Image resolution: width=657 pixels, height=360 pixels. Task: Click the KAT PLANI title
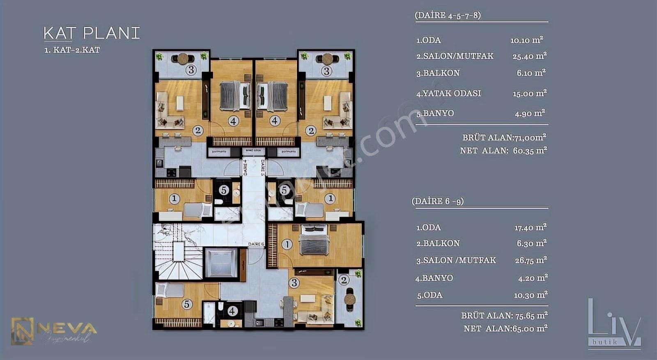click(x=92, y=33)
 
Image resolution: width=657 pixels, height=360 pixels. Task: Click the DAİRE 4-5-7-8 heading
click(x=448, y=16)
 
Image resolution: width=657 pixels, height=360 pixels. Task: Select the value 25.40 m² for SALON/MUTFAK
click(x=529, y=56)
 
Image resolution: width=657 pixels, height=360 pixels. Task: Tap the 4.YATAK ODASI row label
click(x=448, y=93)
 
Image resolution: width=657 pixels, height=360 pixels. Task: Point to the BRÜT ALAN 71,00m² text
click(x=504, y=138)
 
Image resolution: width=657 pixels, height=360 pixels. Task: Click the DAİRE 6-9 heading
click(x=438, y=201)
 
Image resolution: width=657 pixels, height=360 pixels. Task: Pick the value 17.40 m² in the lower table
click(x=531, y=227)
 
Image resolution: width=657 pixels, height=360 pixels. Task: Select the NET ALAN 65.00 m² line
click(x=505, y=328)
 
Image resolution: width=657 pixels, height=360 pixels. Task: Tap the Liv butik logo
click(x=613, y=324)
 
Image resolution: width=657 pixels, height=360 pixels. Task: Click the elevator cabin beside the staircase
click(x=221, y=263)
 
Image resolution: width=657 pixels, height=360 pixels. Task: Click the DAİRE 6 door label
click(x=256, y=244)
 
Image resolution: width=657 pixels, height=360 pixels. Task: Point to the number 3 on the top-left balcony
click(x=191, y=70)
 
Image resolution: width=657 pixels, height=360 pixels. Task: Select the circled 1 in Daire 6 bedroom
click(x=287, y=244)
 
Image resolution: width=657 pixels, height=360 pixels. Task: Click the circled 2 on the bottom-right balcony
click(x=344, y=280)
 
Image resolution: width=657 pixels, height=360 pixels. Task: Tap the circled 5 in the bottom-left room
click(x=187, y=304)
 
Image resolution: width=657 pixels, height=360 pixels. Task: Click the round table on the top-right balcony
click(x=327, y=59)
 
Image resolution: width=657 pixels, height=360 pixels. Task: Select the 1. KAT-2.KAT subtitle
click(x=72, y=50)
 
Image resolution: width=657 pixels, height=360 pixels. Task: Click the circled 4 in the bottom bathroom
click(x=232, y=311)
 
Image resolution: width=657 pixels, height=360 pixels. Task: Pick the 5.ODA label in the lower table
click(x=430, y=295)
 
